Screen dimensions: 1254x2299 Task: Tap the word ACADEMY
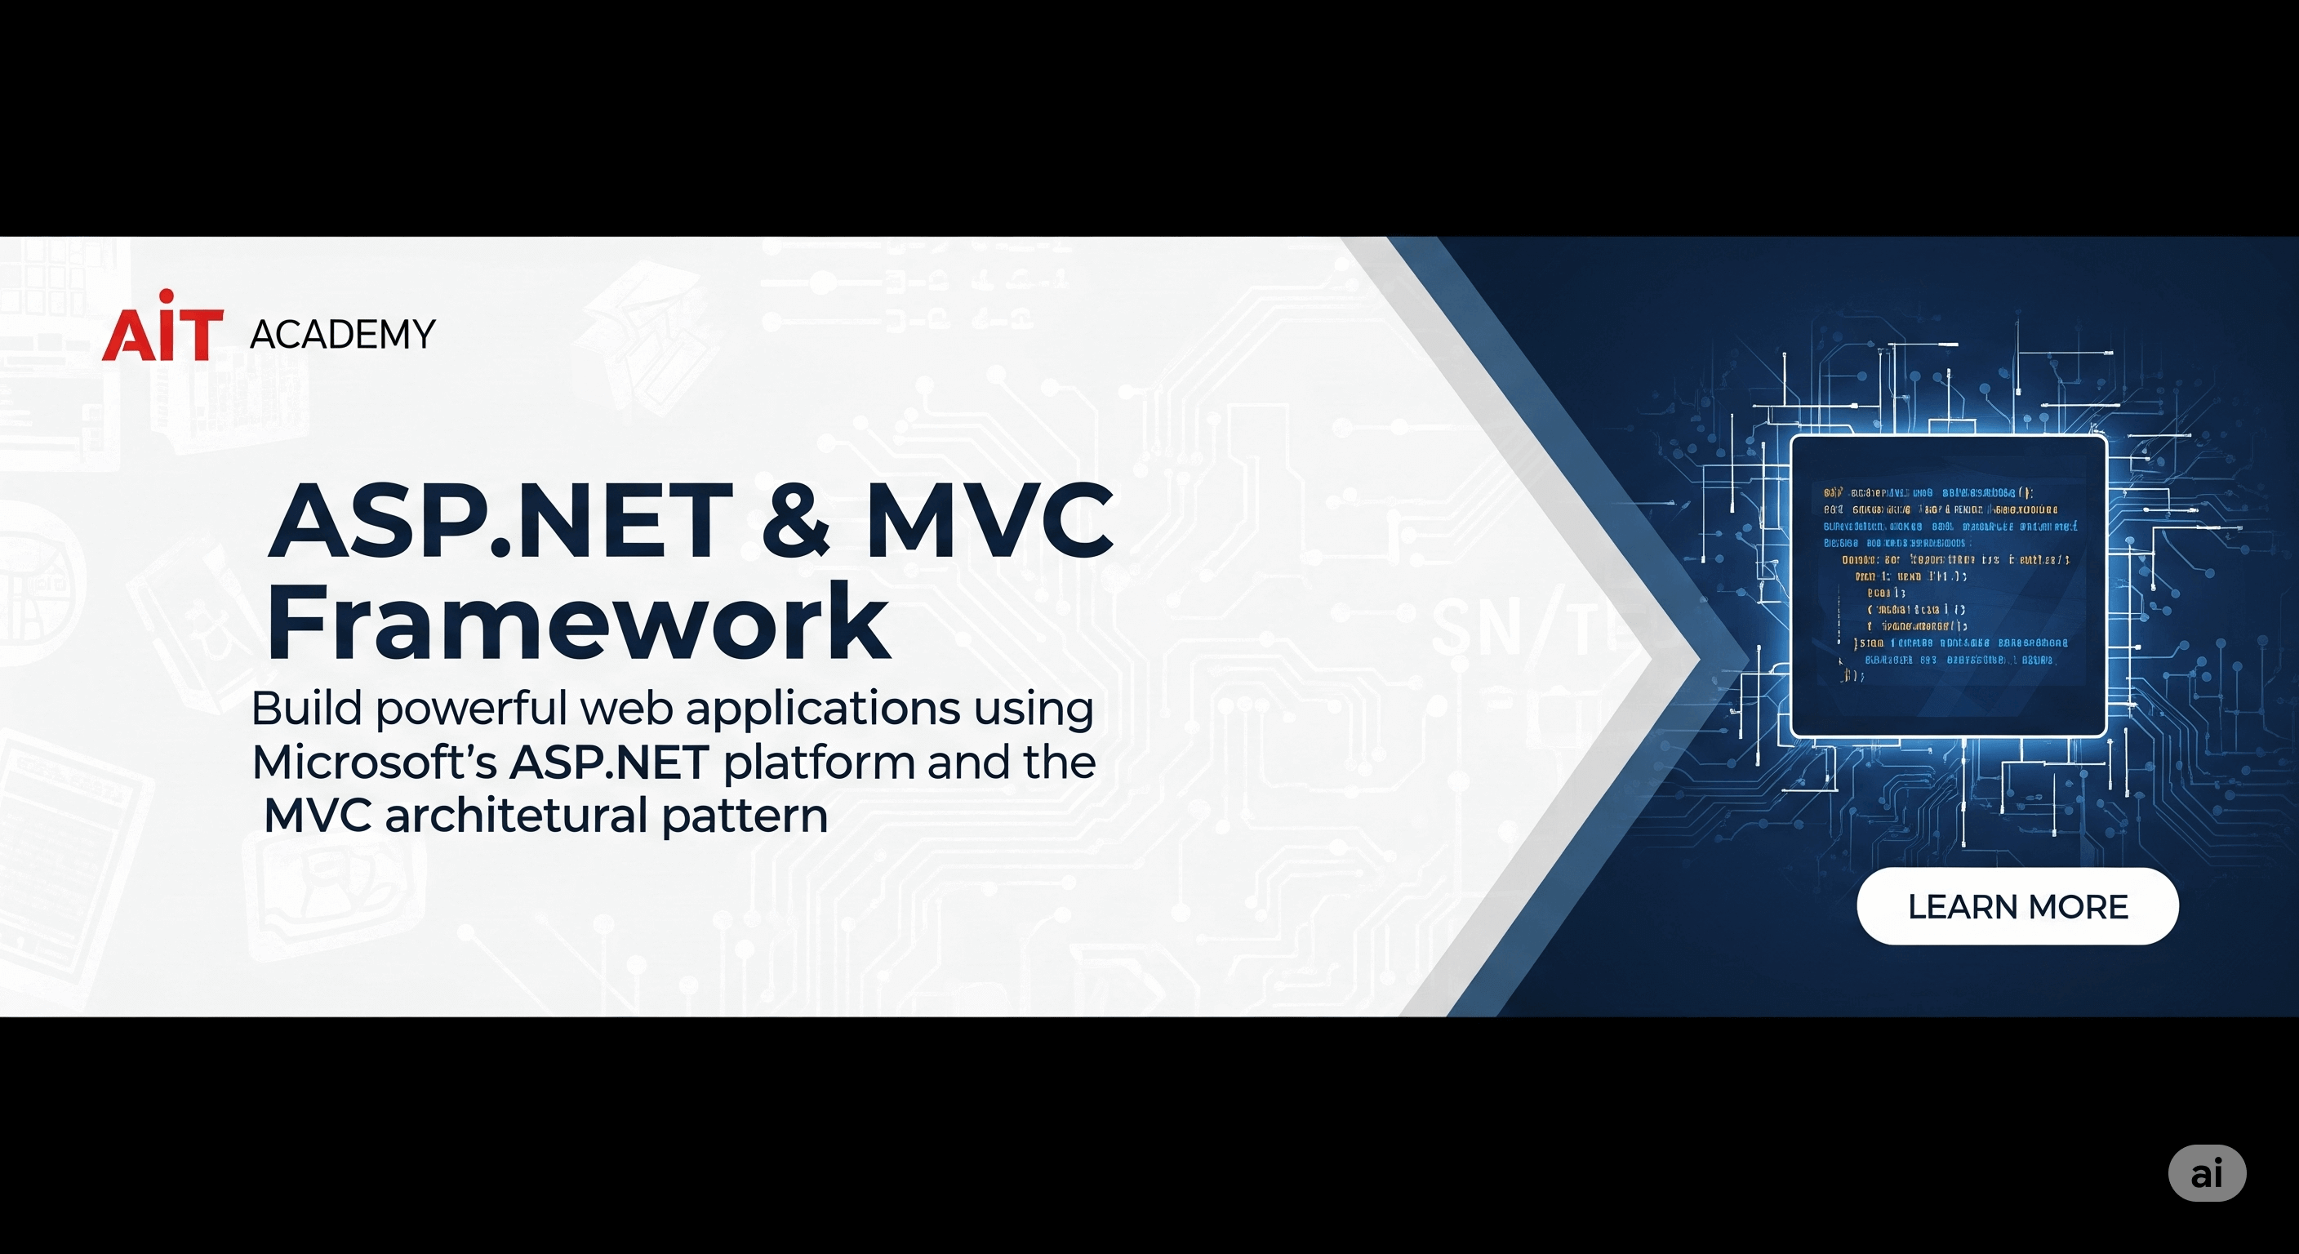[343, 335]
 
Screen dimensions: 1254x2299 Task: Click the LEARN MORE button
[2017, 907]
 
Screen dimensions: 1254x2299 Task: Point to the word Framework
[577, 622]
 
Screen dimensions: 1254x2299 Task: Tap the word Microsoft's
[374, 763]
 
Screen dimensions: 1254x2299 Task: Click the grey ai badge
[2206, 1173]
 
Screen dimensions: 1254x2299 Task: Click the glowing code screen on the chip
[1948, 585]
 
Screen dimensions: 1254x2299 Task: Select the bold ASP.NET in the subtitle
[610, 763]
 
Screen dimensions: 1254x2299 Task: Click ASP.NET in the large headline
[500, 519]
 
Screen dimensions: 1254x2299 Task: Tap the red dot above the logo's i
[166, 296]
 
